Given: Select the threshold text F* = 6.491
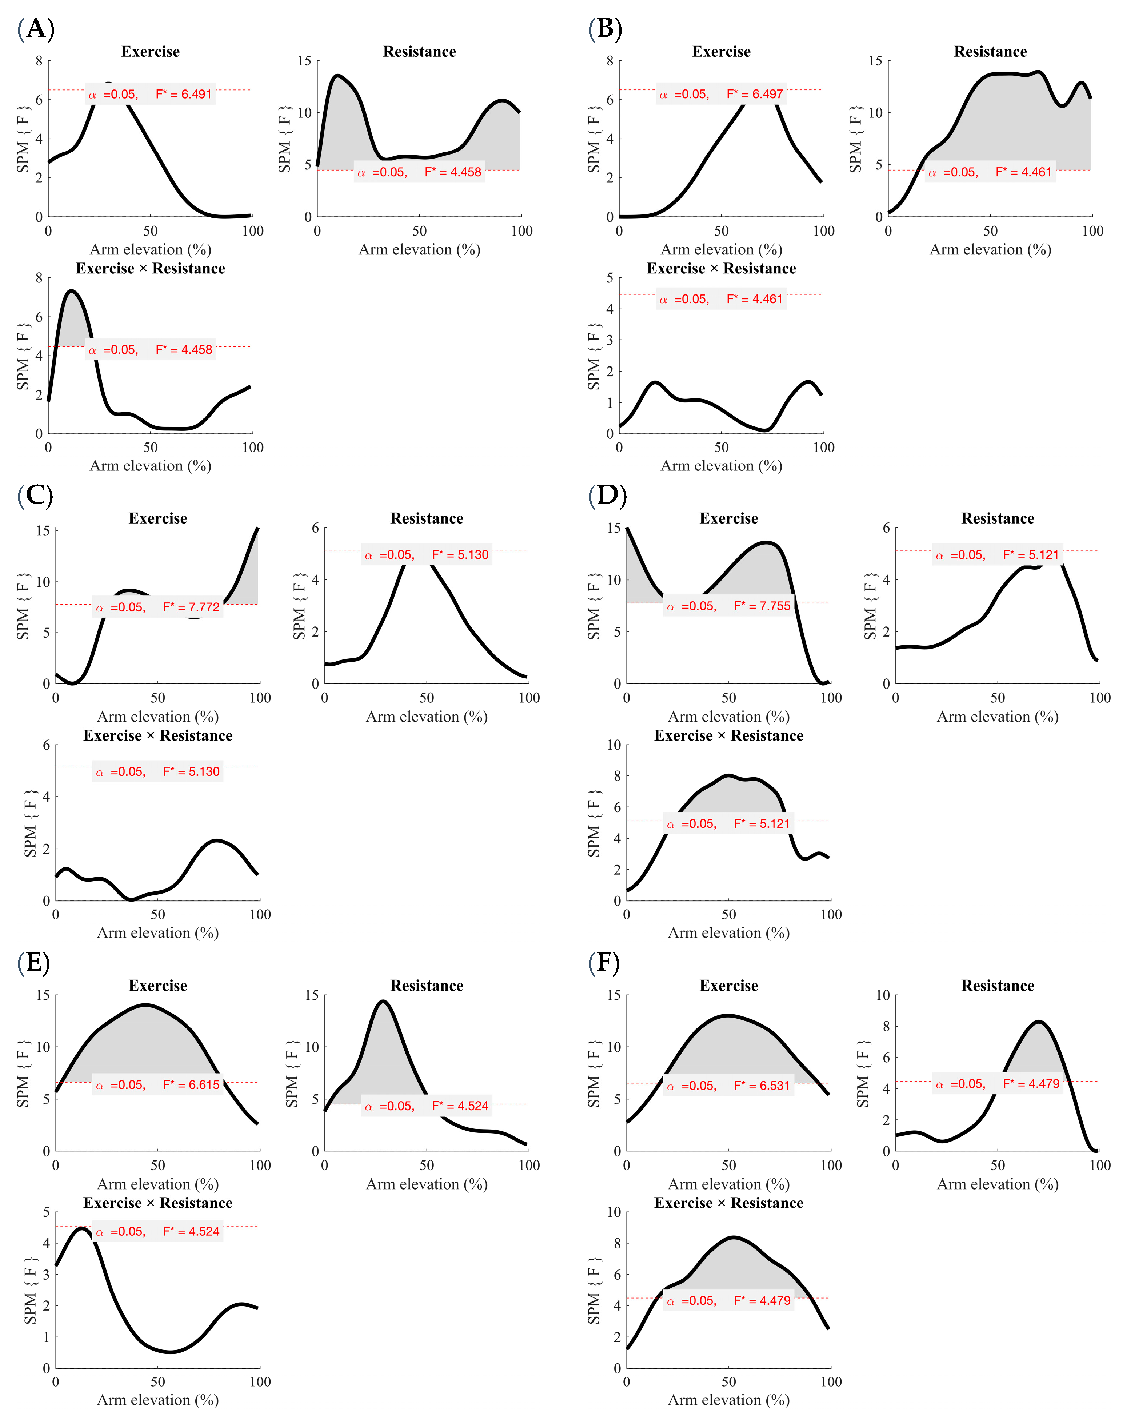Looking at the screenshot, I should click(x=184, y=94).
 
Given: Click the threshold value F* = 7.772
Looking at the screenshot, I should click(x=191, y=607).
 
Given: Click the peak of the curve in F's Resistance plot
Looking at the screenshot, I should click(x=1038, y=1022).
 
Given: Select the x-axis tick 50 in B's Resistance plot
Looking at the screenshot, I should click(x=990, y=230).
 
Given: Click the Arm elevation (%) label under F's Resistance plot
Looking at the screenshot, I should click(x=997, y=1184).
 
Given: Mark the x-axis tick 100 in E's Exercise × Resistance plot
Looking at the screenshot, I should click(x=260, y=1381).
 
